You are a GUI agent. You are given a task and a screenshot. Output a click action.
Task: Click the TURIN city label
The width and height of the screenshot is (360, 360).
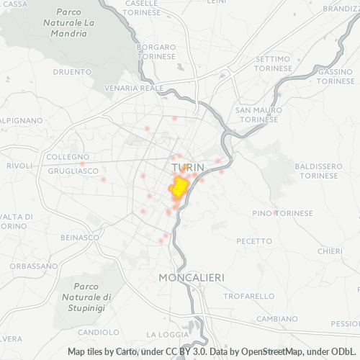coord(189,167)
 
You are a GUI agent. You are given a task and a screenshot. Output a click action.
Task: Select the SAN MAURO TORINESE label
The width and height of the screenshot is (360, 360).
coord(256,114)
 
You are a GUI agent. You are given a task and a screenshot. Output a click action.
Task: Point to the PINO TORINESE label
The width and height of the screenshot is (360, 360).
coord(283,213)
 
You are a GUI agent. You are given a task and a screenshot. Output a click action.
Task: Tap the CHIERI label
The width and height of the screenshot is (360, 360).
coord(330,251)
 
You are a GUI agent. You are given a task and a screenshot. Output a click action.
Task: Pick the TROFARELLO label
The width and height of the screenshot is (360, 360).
coord(249,295)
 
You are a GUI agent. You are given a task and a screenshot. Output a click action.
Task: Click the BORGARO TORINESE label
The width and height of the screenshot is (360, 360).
coord(156,52)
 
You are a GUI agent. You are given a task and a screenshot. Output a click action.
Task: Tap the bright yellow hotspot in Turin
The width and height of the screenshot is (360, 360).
coord(179,188)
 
